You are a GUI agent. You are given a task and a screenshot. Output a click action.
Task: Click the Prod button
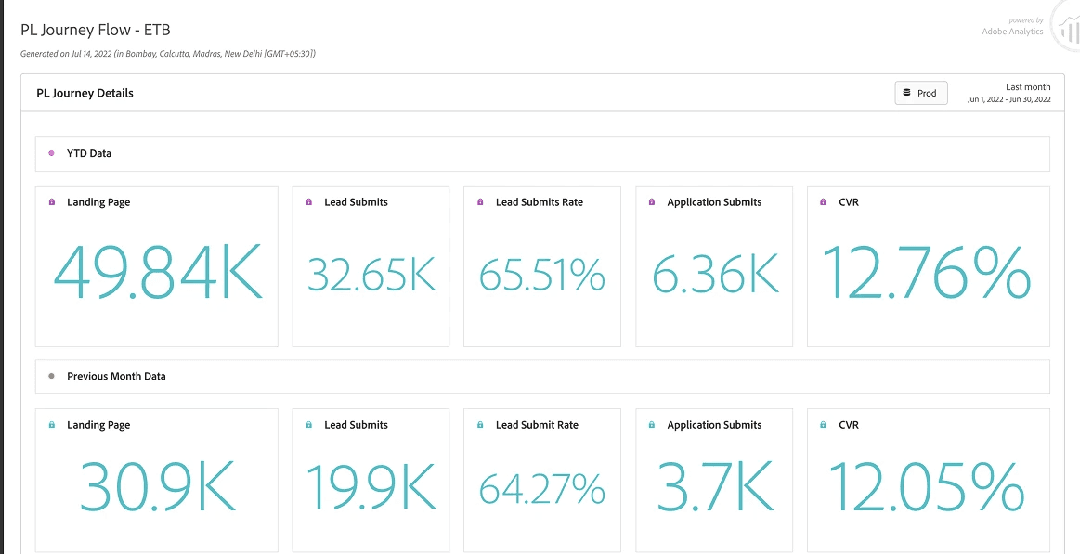pyautogui.click(x=921, y=93)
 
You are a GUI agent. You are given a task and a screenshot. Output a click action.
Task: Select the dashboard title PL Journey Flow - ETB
pyautogui.click(x=95, y=31)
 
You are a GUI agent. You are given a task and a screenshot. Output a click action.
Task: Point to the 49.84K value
pyautogui.click(x=158, y=272)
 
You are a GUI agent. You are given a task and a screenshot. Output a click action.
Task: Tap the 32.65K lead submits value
pyautogui.click(x=371, y=274)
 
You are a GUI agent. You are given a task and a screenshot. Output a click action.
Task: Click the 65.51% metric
pyautogui.click(x=542, y=274)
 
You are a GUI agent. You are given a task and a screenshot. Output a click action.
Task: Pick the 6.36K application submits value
pyautogui.click(x=715, y=274)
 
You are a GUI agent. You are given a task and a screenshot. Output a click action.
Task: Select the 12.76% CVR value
pyautogui.click(x=927, y=272)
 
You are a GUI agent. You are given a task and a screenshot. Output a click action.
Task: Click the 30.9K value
pyautogui.click(x=158, y=485)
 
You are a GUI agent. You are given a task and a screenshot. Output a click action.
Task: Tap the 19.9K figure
pyautogui.click(x=371, y=485)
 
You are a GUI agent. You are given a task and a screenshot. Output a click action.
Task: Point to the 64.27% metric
pyautogui.click(x=542, y=489)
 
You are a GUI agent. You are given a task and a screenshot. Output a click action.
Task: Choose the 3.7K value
pyautogui.click(x=714, y=485)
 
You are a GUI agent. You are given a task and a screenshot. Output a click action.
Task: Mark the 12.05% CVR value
pyautogui.click(x=927, y=485)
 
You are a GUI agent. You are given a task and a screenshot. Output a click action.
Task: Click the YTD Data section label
pyautogui.click(x=89, y=153)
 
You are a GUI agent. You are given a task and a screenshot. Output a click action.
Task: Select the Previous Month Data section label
pyautogui.click(x=116, y=377)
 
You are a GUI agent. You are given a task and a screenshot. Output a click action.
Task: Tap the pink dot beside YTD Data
pyautogui.click(x=52, y=153)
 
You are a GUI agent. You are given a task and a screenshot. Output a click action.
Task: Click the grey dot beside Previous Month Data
pyautogui.click(x=52, y=377)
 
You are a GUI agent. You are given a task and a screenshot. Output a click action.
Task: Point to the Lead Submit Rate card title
pyautogui.click(x=538, y=425)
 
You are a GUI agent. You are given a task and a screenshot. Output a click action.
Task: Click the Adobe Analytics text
pyautogui.click(x=1012, y=31)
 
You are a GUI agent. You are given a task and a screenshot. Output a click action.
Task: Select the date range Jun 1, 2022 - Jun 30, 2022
pyautogui.click(x=1009, y=100)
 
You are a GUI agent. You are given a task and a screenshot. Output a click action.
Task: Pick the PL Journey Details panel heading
pyautogui.click(x=85, y=94)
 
